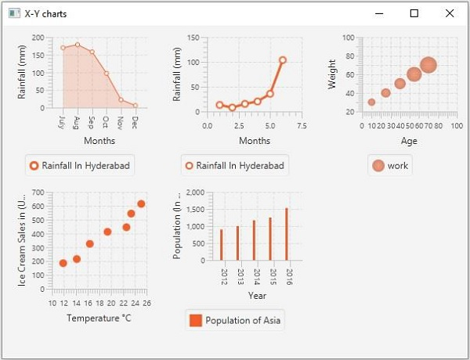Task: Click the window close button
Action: point(449,13)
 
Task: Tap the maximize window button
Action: point(414,13)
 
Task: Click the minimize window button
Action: point(379,13)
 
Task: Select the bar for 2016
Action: point(287,234)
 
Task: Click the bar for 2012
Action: point(222,245)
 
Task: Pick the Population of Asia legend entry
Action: point(235,320)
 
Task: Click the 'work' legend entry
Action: point(390,165)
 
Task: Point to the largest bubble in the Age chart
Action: point(428,66)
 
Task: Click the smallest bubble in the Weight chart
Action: point(371,102)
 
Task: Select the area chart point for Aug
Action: point(78,45)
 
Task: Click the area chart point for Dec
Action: point(136,105)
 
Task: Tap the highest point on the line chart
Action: point(282,60)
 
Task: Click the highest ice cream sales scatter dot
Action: point(141,204)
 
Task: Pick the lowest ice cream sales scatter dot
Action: point(63,263)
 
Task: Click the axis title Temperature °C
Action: point(99,318)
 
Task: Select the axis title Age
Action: point(409,141)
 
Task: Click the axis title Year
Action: point(257,295)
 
